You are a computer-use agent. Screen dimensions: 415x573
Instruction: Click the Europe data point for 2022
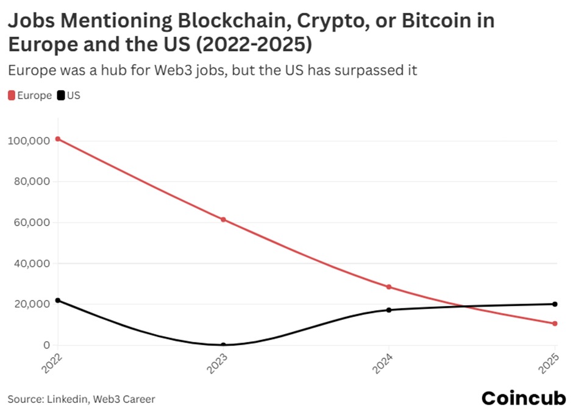[x=58, y=139]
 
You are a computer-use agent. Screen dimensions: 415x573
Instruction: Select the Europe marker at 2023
[x=223, y=219]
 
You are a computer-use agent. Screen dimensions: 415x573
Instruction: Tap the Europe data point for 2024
[x=389, y=287]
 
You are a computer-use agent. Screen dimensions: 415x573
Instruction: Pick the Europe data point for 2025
[x=555, y=324]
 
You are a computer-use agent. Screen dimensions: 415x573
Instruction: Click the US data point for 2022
[x=58, y=300]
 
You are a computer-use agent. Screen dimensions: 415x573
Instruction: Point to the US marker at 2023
[x=223, y=345]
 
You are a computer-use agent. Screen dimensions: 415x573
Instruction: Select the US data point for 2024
[x=389, y=310]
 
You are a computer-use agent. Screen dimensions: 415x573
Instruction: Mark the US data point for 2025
[x=555, y=304]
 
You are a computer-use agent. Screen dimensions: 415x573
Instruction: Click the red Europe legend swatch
[x=12, y=96]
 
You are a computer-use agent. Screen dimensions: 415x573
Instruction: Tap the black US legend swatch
[x=61, y=96]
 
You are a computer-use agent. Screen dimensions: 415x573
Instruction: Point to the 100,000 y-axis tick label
[x=29, y=141]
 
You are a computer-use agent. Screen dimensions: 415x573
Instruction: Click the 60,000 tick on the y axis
[x=31, y=222]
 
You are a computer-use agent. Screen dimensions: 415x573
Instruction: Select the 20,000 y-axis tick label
[x=31, y=304]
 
